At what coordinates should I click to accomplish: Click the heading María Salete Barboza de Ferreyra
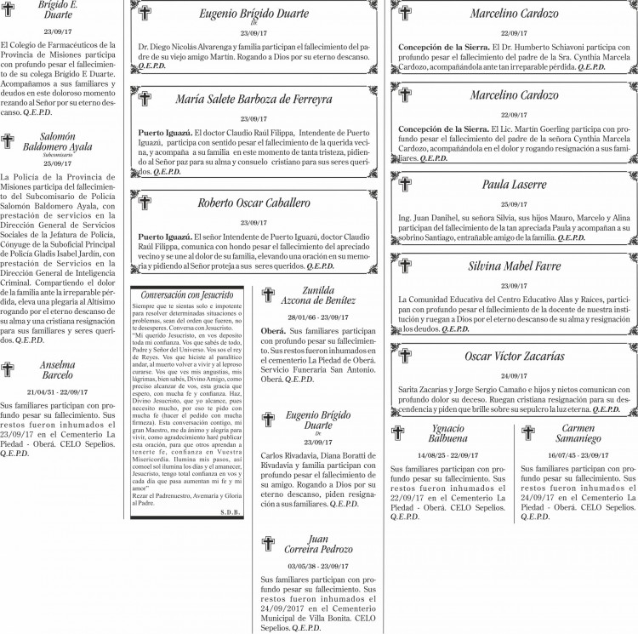pyautogui.click(x=253, y=100)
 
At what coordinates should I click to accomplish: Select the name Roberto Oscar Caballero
pyautogui.click(x=253, y=203)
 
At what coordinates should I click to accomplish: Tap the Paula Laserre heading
pyautogui.click(x=514, y=185)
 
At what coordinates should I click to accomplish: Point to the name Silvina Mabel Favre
pyautogui.click(x=514, y=266)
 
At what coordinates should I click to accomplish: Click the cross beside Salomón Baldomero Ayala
pyautogui.click(x=9, y=142)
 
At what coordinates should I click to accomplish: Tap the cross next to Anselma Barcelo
pyautogui.click(x=9, y=368)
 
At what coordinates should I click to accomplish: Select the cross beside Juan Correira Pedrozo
pyautogui.click(x=269, y=543)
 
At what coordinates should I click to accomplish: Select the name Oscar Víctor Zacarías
pyautogui.click(x=514, y=356)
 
